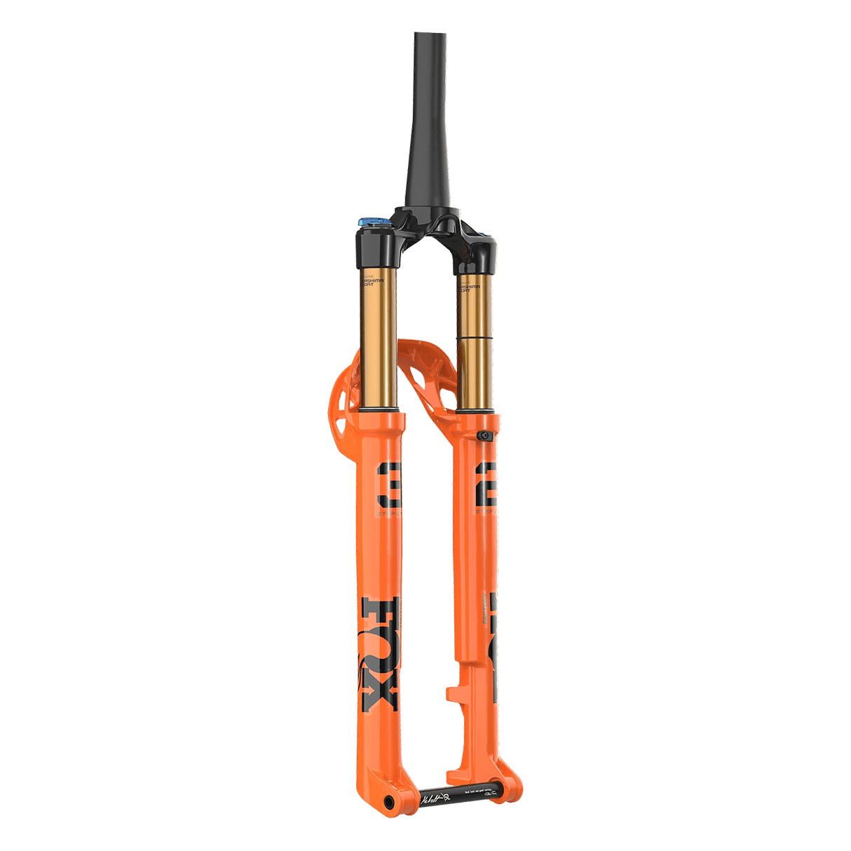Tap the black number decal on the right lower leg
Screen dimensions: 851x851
[x=487, y=491]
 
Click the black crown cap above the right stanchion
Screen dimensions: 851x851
[x=478, y=259]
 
